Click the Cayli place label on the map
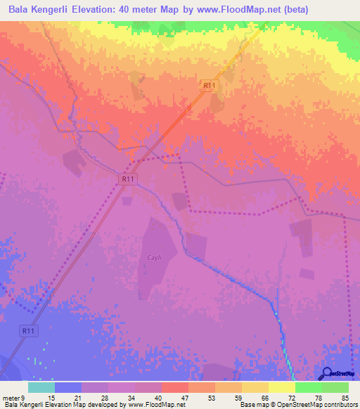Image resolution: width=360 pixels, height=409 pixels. coord(153,258)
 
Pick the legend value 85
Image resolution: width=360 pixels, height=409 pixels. coord(344,398)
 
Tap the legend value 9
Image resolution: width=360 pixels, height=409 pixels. coord(23,398)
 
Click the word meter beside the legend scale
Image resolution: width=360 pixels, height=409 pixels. coord(11,398)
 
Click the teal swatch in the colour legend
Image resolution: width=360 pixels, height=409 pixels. coord(41,387)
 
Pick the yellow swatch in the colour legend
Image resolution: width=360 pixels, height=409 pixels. coord(282,387)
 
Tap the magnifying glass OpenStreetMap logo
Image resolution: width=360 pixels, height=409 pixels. coord(327,372)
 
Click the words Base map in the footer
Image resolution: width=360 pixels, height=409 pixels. coord(250,405)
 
